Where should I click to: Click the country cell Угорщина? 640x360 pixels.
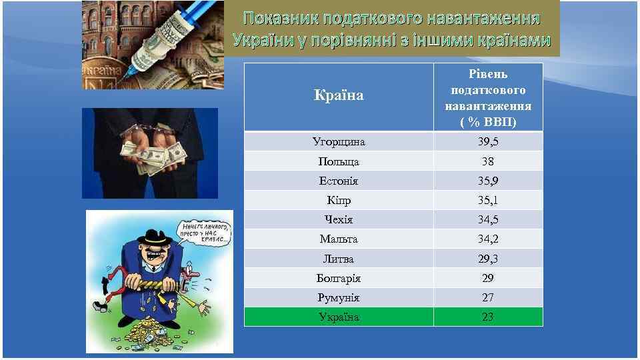pyautogui.click(x=339, y=142)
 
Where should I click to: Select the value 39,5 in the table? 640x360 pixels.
pyautogui.click(x=488, y=142)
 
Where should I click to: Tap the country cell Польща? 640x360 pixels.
pyautogui.click(x=339, y=161)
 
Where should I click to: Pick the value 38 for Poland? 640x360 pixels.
pyautogui.click(x=488, y=161)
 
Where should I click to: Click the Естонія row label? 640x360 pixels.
pyautogui.click(x=339, y=181)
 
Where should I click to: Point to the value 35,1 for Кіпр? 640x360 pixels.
pyautogui.click(x=488, y=200)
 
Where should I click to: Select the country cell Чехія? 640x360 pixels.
pyautogui.click(x=339, y=219)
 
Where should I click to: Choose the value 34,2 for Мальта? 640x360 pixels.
pyautogui.click(x=488, y=239)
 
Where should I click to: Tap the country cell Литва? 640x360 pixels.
pyautogui.click(x=339, y=259)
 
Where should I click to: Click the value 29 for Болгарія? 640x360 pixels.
pyautogui.click(x=488, y=278)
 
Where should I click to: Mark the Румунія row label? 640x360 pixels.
pyautogui.click(x=339, y=297)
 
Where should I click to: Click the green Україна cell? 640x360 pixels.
pyautogui.click(x=339, y=317)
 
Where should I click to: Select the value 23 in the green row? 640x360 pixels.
pyautogui.click(x=488, y=317)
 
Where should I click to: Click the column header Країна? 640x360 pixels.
pyautogui.click(x=339, y=96)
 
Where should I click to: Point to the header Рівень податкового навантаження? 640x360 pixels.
pyautogui.click(x=488, y=97)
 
